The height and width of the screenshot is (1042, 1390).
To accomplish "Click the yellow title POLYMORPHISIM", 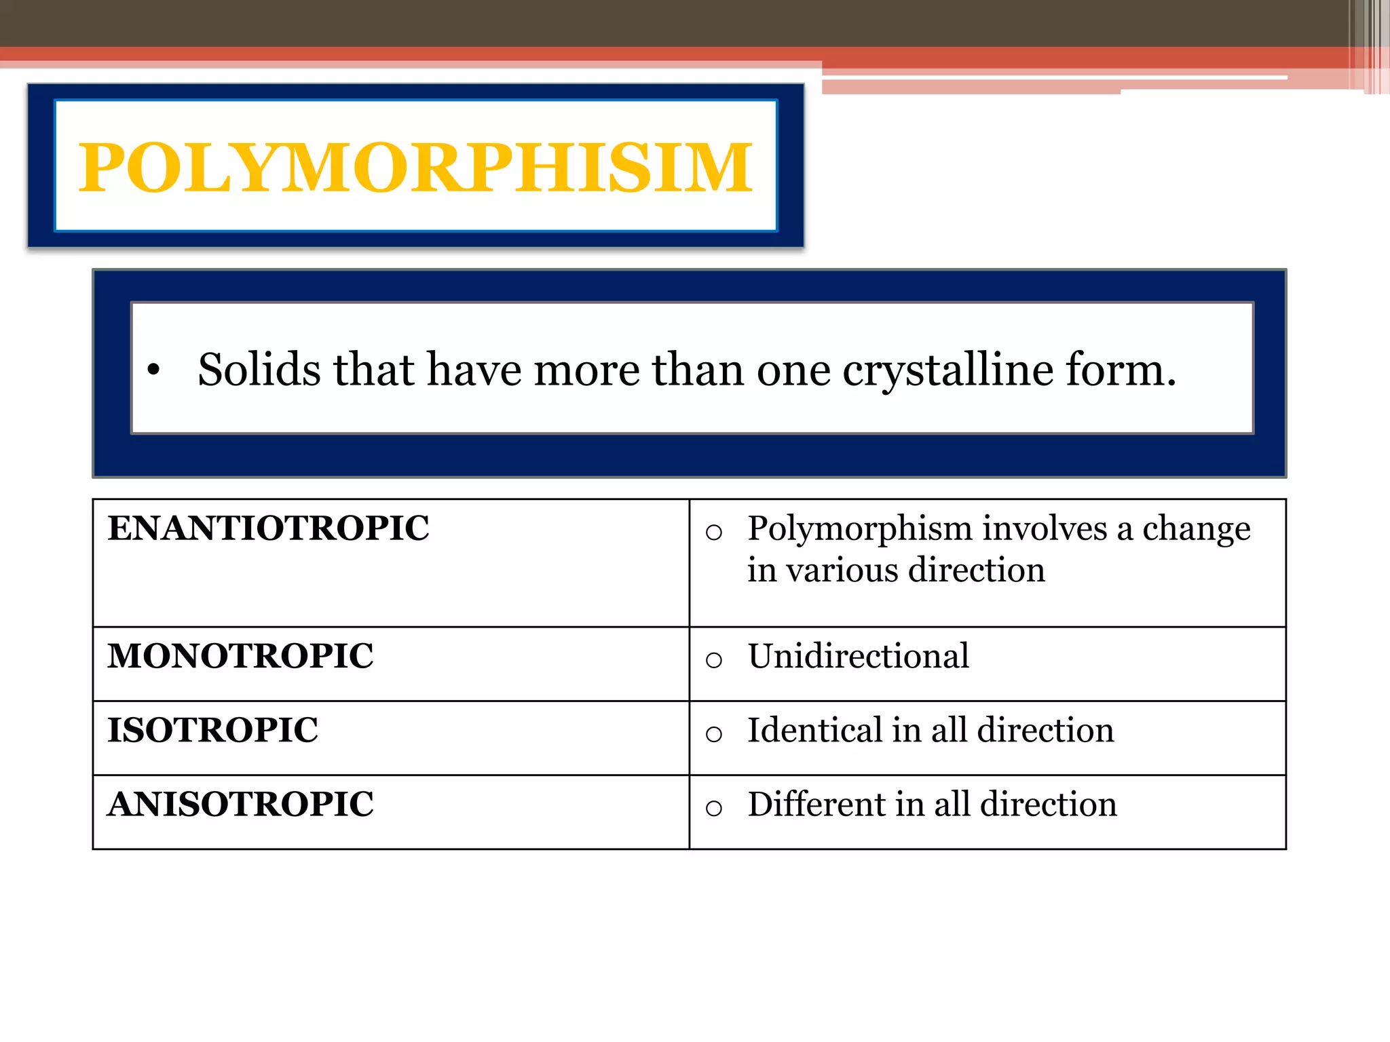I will tap(415, 167).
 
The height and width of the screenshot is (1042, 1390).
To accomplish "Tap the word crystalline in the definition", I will tap(948, 372).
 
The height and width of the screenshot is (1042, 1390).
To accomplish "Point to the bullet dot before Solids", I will tap(154, 370).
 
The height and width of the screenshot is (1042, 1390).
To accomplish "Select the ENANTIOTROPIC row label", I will tap(268, 528).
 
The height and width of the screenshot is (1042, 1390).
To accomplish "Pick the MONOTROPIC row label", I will tap(240, 656).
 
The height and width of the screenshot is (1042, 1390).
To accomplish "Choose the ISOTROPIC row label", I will tap(212, 731).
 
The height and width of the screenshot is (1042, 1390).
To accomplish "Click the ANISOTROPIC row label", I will tap(240, 805).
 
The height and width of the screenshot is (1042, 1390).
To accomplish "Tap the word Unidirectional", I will tap(858, 656).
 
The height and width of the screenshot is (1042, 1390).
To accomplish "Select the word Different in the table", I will tap(816, 805).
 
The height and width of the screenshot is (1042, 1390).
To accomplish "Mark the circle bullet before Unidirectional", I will tap(713, 659).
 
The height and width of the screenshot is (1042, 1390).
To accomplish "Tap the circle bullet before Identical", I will tap(713, 734).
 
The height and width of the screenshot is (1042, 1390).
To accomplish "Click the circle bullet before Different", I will tap(713, 808).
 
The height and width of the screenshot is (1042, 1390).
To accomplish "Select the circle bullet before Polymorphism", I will tap(713, 533).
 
